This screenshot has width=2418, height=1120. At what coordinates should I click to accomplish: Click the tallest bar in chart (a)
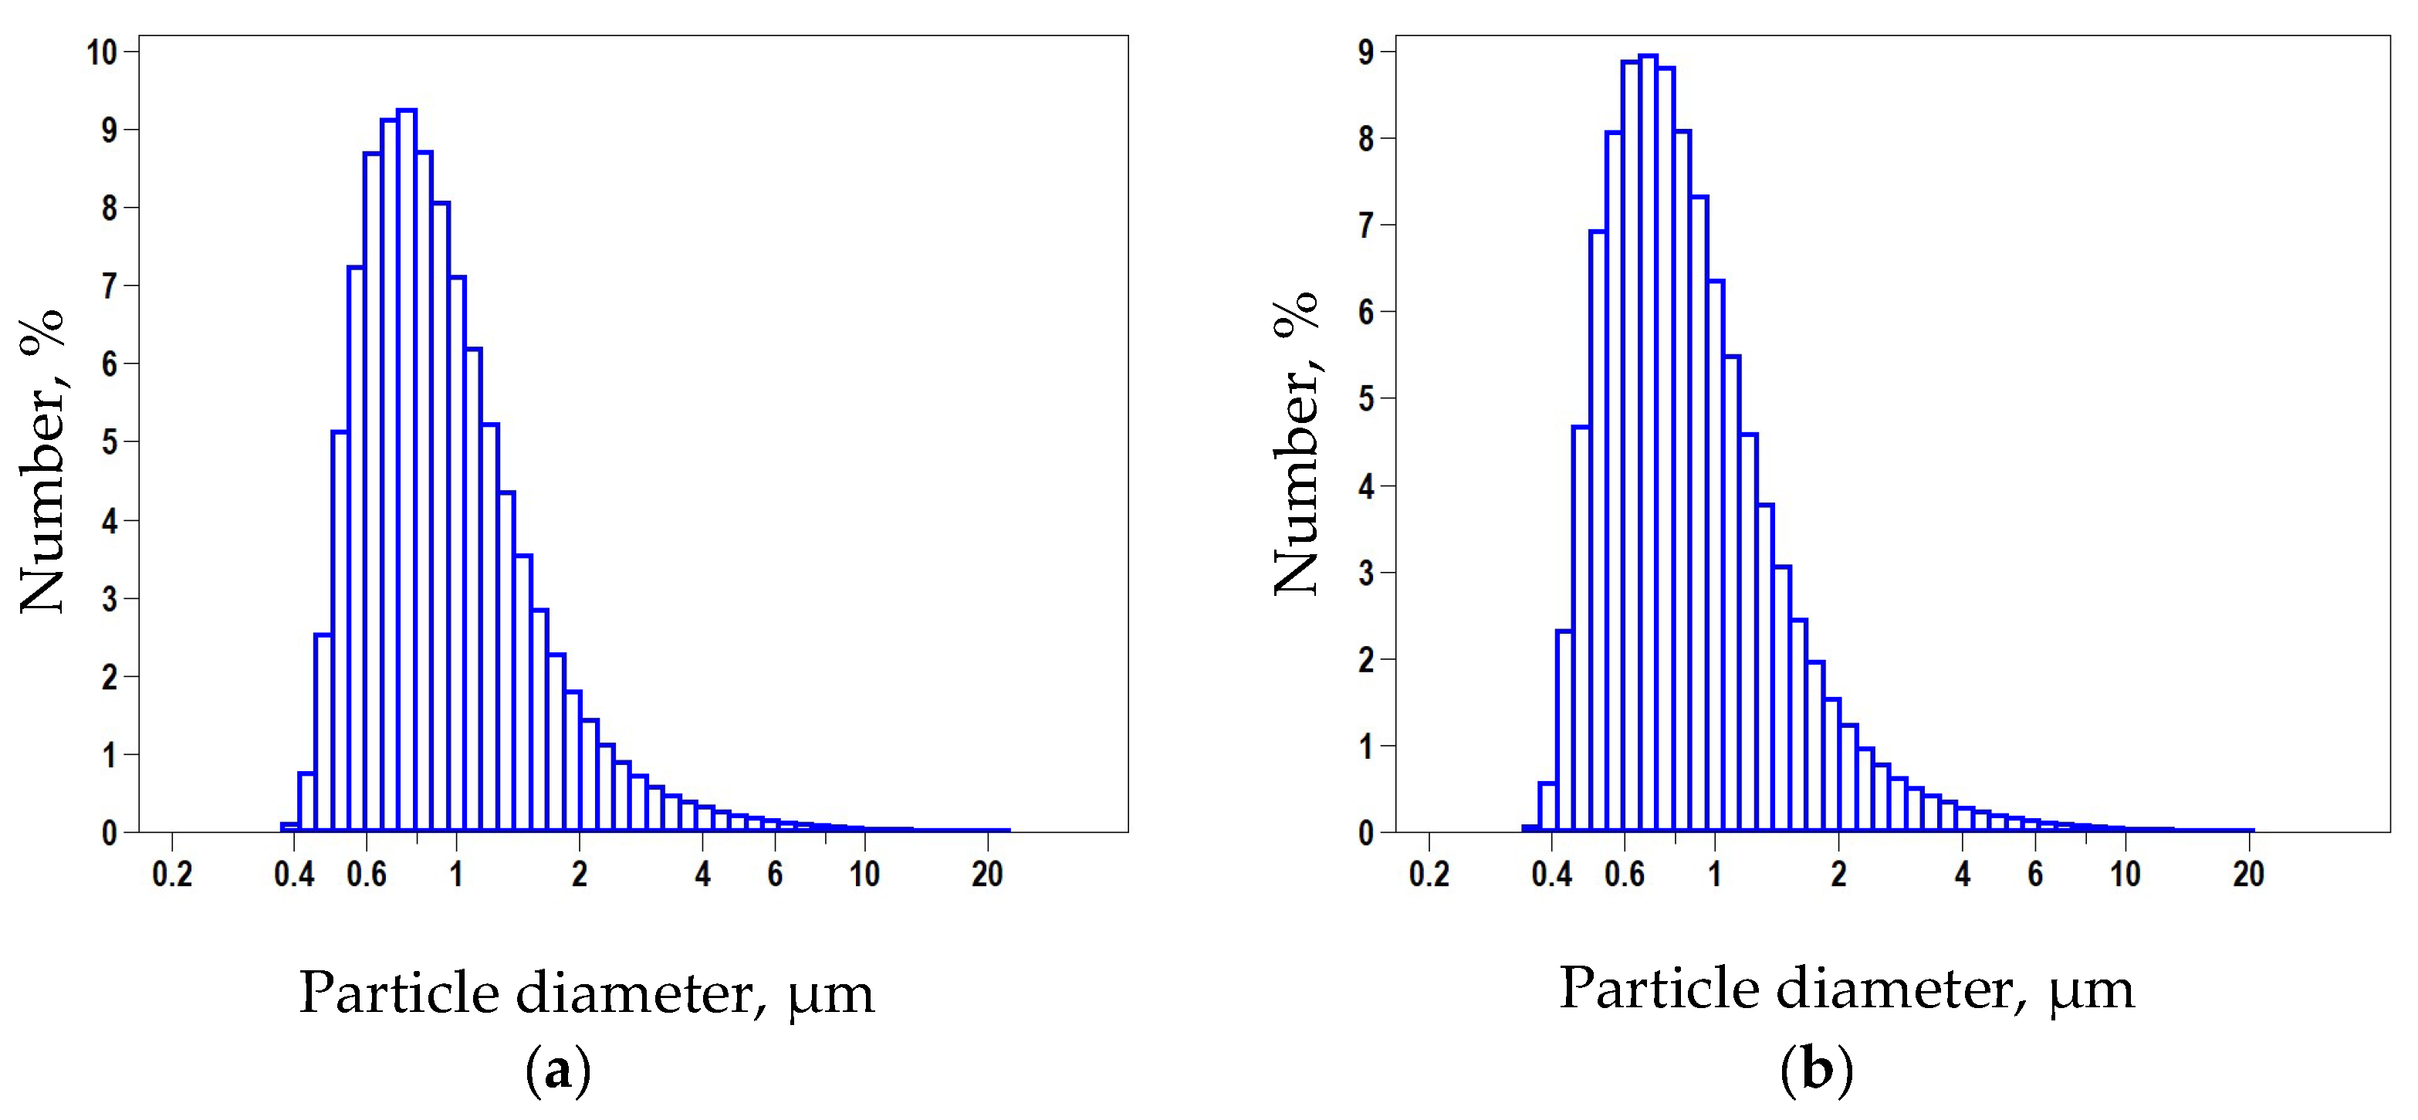click(x=407, y=469)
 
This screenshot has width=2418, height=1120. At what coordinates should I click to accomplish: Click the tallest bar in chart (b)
click(x=1649, y=442)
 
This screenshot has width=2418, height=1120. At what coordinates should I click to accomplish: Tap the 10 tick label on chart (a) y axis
click(x=103, y=52)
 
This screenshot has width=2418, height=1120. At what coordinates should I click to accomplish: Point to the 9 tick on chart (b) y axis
click(x=1367, y=52)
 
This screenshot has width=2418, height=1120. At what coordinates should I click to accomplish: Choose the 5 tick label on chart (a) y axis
click(x=110, y=442)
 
